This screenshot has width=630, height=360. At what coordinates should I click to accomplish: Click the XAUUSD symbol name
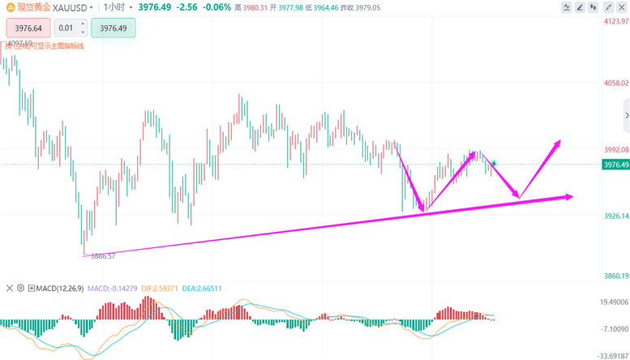coord(71,6)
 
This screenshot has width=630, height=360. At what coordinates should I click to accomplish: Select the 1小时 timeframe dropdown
coord(117,6)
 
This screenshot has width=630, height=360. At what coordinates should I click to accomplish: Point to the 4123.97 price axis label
coord(612,21)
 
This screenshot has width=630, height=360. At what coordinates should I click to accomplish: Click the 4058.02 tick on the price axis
coord(612,83)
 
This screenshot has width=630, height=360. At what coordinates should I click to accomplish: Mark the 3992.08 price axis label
coord(612,150)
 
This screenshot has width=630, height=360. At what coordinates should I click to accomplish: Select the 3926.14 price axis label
coord(612,216)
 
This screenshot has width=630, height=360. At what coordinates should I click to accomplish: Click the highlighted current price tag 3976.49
coord(615,165)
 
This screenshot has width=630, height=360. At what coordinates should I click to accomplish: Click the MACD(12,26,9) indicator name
coord(61,288)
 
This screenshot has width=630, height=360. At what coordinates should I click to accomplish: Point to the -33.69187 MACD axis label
coord(612,355)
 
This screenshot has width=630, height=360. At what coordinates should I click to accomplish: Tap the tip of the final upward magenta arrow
coord(559,142)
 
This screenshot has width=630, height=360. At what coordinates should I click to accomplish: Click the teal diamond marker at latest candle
coord(495,163)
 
